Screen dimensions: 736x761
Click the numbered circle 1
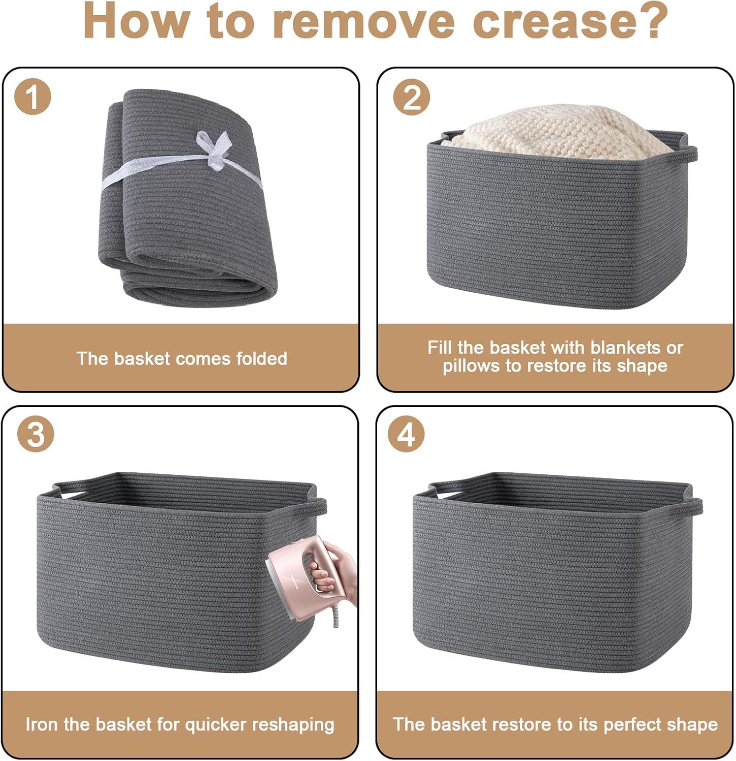point(32,96)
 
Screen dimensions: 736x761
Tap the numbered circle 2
point(412,96)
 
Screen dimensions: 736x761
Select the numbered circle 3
point(36,434)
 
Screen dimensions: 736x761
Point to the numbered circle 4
point(406,434)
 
